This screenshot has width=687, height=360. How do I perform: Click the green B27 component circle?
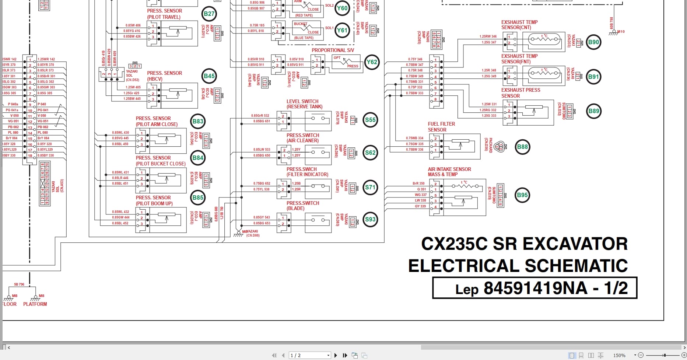coord(209,14)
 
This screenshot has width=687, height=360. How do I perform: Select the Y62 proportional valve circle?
coord(372,62)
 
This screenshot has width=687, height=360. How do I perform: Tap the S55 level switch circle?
coord(370,120)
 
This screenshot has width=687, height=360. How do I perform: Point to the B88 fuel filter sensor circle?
coord(522,147)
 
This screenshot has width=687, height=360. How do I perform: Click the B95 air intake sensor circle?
coord(522,195)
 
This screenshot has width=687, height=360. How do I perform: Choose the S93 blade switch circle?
coord(370,220)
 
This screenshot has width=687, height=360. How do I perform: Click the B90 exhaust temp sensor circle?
coord(593,42)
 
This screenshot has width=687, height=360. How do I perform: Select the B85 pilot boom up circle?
coord(198,198)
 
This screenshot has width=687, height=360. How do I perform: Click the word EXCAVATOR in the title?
coord(575,244)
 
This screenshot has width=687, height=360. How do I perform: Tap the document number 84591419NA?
coord(535,288)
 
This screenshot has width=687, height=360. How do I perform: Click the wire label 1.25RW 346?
coord(488,36)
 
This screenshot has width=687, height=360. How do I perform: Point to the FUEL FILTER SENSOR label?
coord(441,127)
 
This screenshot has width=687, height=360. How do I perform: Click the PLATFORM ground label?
coord(35,304)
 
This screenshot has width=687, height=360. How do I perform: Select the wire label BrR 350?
coord(418,183)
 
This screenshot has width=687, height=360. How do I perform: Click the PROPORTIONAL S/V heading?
coord(333,50)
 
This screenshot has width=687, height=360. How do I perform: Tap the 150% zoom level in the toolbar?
coord(619,355)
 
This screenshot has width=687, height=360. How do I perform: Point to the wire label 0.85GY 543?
coord(262,217)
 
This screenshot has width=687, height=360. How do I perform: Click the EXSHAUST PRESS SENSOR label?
coord(520,93)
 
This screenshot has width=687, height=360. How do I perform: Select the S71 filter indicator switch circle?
coord(370,187)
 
